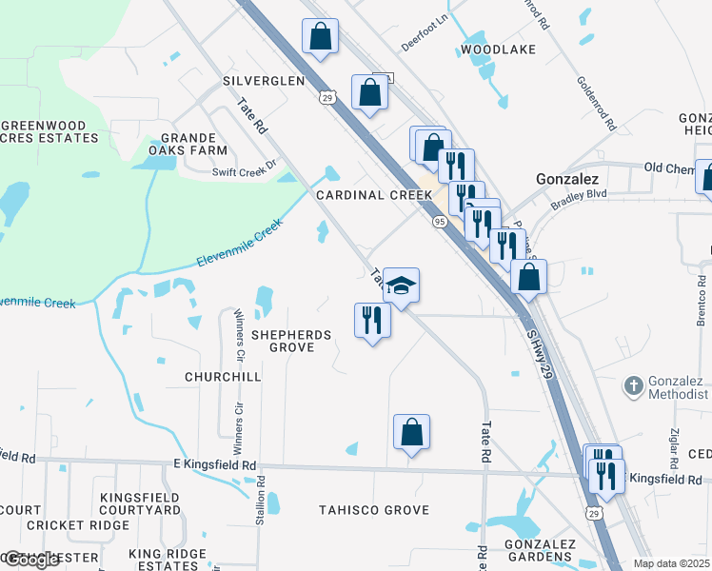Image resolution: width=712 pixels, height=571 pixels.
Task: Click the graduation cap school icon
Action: [x=401, y=286]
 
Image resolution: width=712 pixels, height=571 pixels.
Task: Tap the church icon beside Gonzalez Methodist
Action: [x=633, y=386]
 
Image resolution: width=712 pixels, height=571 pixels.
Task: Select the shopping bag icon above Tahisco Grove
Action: [x=411, y=432]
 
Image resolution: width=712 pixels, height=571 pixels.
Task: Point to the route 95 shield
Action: [x=439, y=221]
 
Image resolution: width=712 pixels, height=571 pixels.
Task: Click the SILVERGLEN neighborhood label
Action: [x=264, y=81]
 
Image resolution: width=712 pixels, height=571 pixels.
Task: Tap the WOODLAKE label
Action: [x=498, y=49]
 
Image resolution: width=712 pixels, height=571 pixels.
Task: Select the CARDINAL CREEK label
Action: [x=374, y=195]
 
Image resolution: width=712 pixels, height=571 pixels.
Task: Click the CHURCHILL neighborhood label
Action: [x=223, y=377]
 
